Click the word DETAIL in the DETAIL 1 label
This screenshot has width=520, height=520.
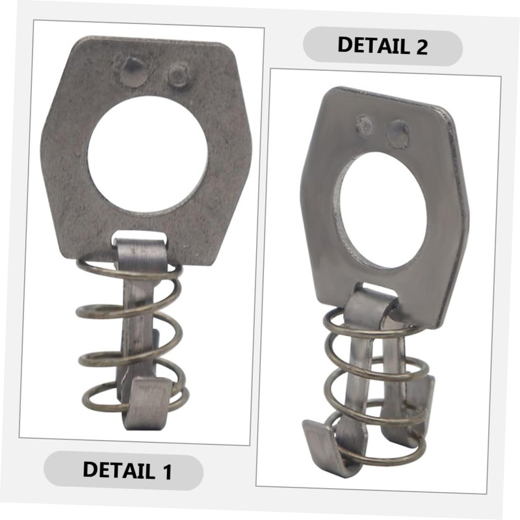click(x=119, y=469)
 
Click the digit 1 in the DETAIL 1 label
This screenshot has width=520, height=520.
click(x=167, y=471)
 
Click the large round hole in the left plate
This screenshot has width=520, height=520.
click(x=148, y=155)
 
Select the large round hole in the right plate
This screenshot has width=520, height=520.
click(x=383, y=211)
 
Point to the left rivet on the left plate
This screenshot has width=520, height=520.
click(x=134, y=72)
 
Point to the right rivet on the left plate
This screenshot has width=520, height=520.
click(x=178, y=75)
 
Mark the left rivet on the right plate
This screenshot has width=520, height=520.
click(x=365, y=126)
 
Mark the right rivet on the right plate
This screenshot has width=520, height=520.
click(x=398, y=134)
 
